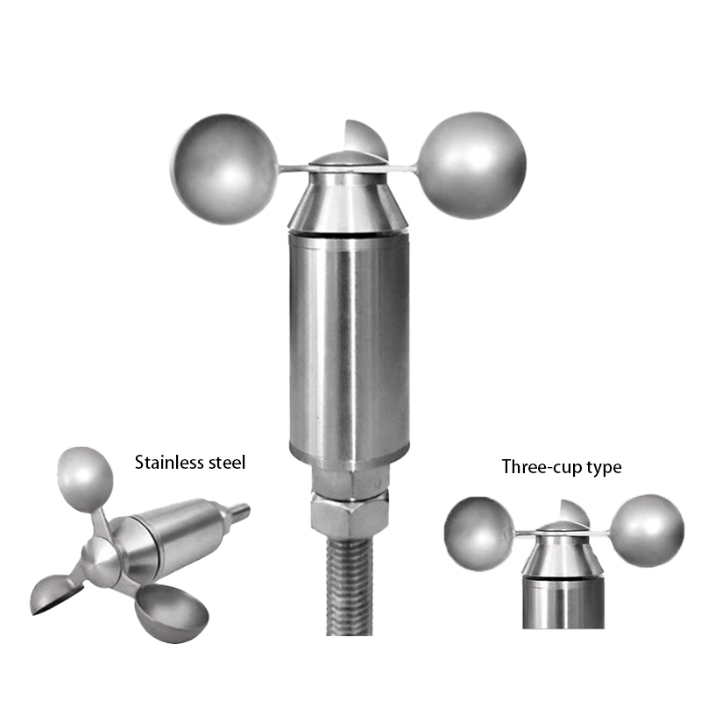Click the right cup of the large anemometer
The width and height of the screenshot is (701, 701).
click(x=474, y=165)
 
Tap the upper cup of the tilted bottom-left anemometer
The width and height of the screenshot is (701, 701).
click(x=85, y=478)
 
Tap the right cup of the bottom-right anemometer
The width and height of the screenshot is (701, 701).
click(x=647, y=530)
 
